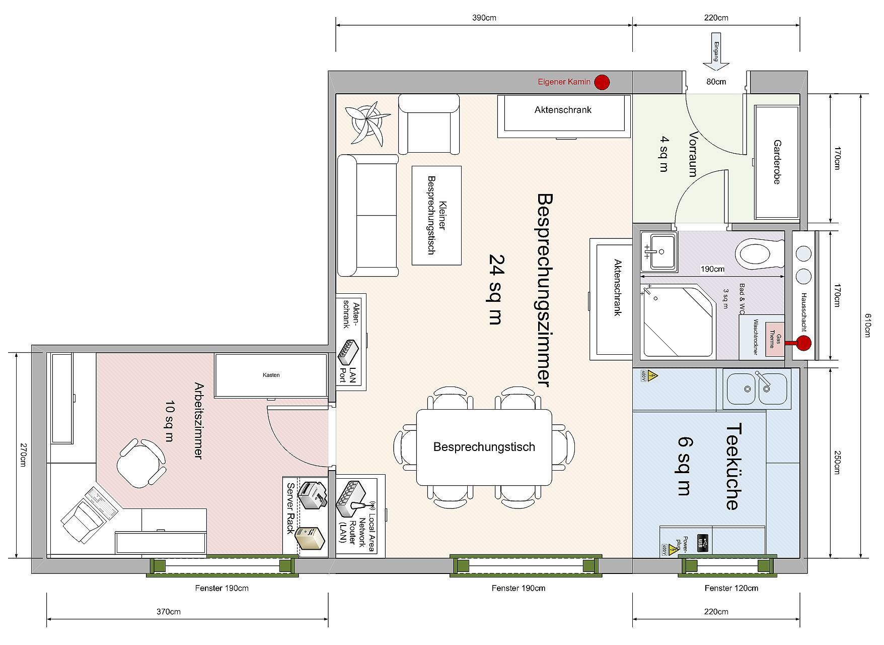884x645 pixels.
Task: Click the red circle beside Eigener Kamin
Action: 602,82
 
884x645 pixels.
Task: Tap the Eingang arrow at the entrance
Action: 716,52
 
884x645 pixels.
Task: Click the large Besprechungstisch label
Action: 484,447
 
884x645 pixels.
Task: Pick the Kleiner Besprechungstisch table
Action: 436,215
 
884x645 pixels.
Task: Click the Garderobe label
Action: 777,162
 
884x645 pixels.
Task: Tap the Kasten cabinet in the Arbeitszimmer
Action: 271,375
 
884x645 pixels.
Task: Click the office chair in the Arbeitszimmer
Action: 141,463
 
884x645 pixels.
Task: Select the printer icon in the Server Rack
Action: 313,495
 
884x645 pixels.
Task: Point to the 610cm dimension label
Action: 867,325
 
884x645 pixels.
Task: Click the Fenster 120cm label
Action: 731,588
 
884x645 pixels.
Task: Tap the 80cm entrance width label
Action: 716,82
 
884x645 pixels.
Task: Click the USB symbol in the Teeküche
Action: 703,543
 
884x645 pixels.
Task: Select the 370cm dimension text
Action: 168,612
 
